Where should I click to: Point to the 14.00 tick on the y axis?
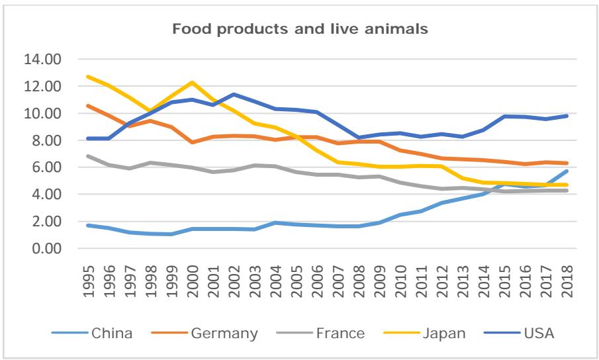click(42, 60)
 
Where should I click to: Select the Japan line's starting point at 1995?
click(89, 77)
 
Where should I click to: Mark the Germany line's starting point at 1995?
click(89, 106)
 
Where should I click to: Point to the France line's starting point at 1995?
click(89, 156)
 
